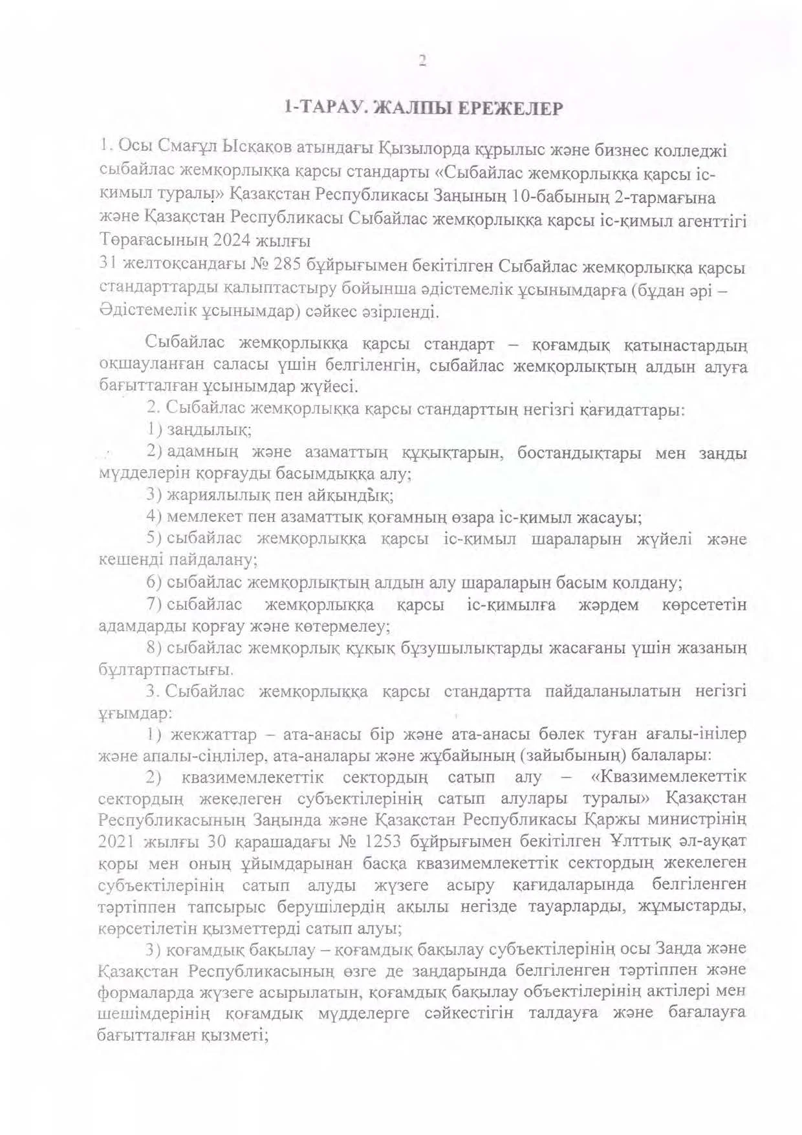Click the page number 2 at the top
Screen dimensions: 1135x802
coord(422,61)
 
